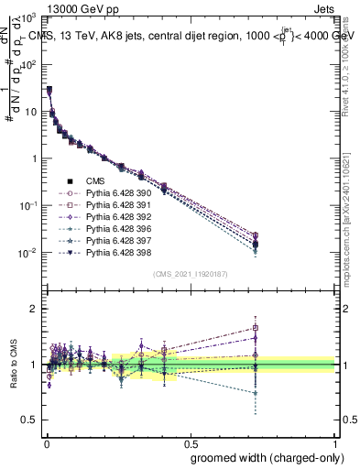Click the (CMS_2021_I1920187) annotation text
point(190,273)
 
